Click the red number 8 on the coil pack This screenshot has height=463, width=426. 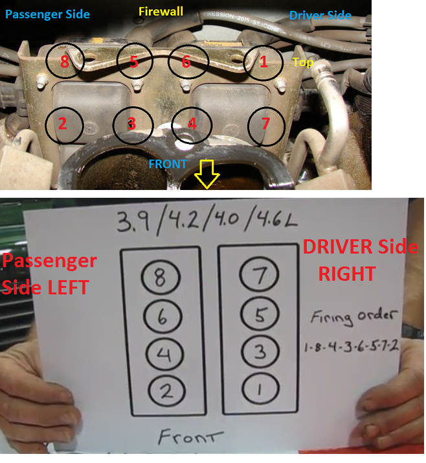click(65, 62)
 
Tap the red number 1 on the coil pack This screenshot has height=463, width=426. click(263, 62)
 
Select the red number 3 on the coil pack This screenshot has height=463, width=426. click(131, 123)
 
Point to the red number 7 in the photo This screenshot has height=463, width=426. click(265, 123)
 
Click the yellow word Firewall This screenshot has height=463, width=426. click(161, 12)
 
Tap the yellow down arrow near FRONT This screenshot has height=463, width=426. click(207, 174)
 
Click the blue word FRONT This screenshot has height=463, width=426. click(168, 164)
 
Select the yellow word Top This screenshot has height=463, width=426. click(302, 62)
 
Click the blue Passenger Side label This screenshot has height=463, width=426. click(47, 14)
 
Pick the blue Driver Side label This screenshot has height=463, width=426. click(320, 16)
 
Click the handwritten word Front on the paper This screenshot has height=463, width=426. click(190, 436)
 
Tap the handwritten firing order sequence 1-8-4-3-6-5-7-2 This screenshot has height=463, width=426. click(352, 346)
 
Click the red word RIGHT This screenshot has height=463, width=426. click(347, 274)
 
